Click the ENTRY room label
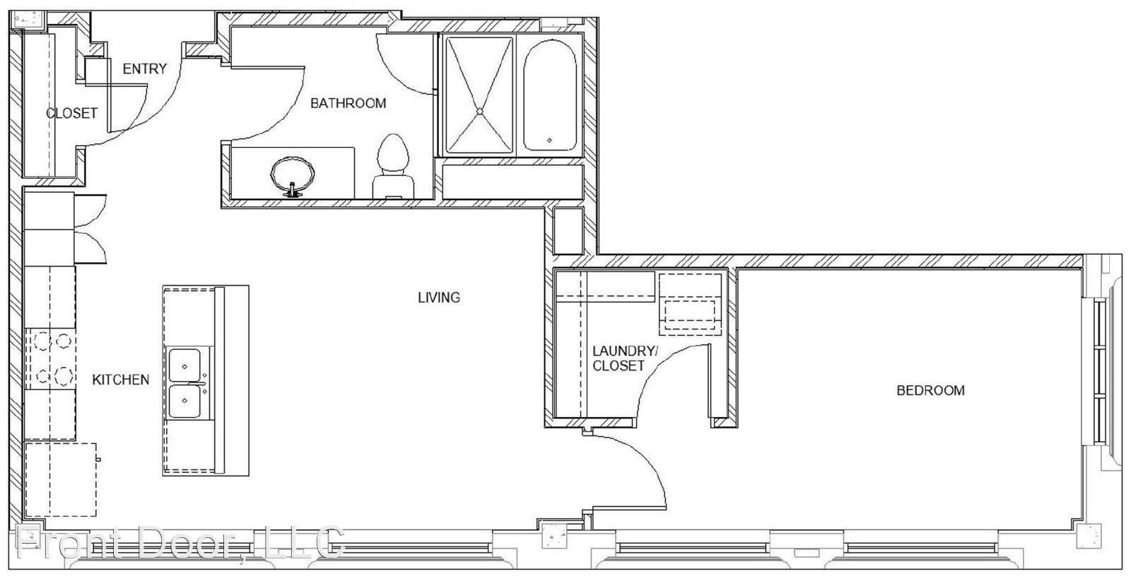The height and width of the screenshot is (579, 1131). click(144, 69)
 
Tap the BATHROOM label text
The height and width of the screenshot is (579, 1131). click(348, 103)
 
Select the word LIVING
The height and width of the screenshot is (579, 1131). click(439, 298)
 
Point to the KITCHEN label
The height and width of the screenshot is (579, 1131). click(121, 380)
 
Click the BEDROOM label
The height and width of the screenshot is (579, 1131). click(930, 390)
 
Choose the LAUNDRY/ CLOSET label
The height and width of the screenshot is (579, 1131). click(625, 358)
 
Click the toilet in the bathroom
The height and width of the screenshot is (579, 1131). click(393, 166)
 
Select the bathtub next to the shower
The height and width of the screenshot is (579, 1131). click(550, 95)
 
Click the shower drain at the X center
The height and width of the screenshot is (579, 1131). click(480, 111)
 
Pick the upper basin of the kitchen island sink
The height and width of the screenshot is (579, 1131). click(184, 365)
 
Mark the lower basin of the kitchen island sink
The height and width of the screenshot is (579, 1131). click(184, 401)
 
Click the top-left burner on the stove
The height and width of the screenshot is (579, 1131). click(42, 341)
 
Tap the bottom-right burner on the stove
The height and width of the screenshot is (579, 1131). click(64, 376)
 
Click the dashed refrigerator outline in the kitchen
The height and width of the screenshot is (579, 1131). click(61, 479)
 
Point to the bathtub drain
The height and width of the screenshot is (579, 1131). click(549, 141)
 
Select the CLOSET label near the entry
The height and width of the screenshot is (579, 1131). click(71, 113)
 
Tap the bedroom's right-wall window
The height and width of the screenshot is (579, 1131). click(1100, 372)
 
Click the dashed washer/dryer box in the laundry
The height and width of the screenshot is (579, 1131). click(690, 305)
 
